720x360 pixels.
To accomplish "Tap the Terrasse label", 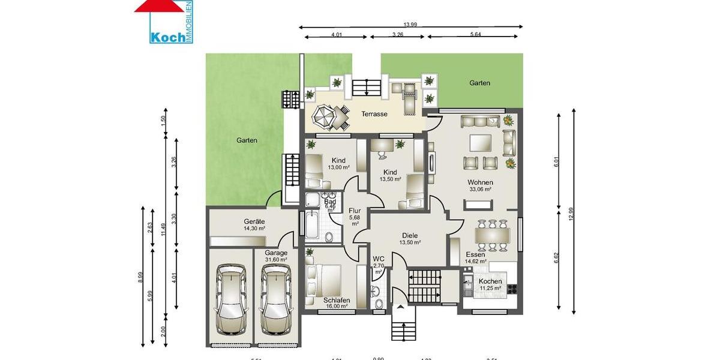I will (374, 114).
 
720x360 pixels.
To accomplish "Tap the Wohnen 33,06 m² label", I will (481, 185).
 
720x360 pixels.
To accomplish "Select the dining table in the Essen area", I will (493, 235).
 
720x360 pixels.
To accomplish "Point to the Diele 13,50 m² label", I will (410, 239).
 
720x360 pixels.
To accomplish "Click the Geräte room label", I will (254, 224).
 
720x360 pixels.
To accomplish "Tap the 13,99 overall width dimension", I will (410, 25).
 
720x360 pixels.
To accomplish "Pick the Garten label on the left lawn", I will (247, 140).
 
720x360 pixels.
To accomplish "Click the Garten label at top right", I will (480, 83).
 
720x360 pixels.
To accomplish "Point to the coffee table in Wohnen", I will (481, 143).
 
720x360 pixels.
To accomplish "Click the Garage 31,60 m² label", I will (276, 256).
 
